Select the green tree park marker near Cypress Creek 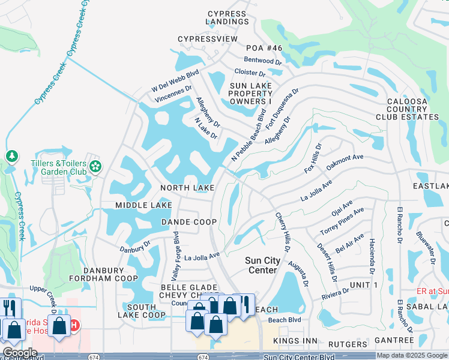[x=11, y=157]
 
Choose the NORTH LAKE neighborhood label [x=187, y=188]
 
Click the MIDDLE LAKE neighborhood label [x=144, y=206]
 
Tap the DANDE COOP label [x=188, y=222]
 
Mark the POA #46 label [x=264, y=47]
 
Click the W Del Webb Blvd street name [x=175, y=82]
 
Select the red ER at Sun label [x=432, y=291]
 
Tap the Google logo [x=20, y=353]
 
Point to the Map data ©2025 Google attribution [x=412, y=355]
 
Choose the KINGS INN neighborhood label [x=295, y=341]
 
